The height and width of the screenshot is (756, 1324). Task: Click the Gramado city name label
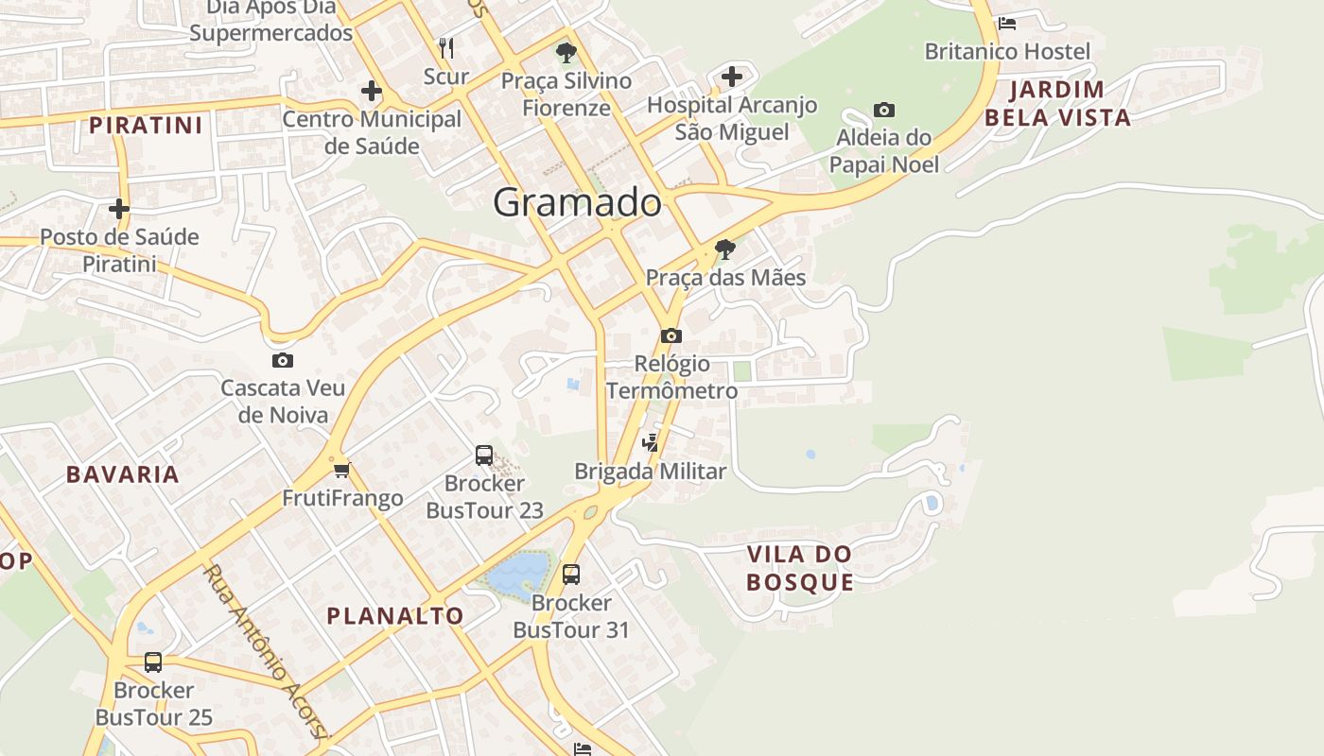(577, 202)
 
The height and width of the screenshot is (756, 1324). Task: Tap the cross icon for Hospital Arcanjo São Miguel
(732, 77)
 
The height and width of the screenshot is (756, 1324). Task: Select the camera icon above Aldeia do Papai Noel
(884, 111)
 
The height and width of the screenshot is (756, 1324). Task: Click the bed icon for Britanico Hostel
(1007, 23)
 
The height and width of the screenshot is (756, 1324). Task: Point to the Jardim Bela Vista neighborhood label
(1057, 104)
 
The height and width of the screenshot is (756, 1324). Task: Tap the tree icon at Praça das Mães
(725, 249)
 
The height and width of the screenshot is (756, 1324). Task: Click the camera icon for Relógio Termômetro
(671, 335)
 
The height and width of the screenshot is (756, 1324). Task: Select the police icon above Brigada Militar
(651, 442)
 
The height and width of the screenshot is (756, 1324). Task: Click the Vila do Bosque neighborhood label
(800, 568)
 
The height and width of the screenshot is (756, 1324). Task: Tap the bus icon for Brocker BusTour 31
(571, 574)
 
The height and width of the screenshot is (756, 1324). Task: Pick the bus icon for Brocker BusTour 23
(484, 455)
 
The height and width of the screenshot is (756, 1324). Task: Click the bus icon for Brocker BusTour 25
(153, 661)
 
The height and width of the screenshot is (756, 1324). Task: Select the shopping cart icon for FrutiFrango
(342, 470)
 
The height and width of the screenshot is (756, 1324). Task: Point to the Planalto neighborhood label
(395, 616)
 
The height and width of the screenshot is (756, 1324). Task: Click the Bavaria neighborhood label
(123, 474)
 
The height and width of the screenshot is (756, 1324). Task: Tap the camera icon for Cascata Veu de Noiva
(282, 360)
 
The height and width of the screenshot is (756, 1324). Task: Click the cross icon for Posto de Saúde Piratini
(119, 208)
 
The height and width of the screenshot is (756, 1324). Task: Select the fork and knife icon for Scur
(446, 47)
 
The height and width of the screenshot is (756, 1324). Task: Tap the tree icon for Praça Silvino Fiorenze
(566, 52)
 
